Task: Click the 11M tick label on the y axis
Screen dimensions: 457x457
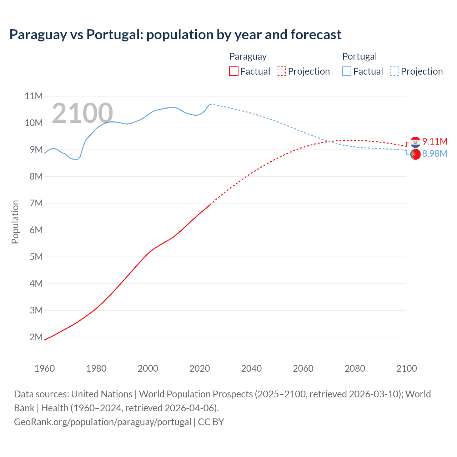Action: (x=34, y=96)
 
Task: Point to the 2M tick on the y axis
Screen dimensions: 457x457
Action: (x=36, y=337)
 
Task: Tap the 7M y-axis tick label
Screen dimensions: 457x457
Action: (x=36, y=203)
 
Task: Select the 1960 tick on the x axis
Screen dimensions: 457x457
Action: (x=45, y=368)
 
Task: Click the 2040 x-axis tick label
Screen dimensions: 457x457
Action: (x=251, y=368)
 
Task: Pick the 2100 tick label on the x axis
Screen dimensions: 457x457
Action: (x=406, y=368)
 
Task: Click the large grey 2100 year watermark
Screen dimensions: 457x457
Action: (x=82, y=114)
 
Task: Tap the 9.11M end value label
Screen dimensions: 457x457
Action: (x=435, y=141)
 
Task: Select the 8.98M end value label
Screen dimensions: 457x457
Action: (x=435, y=154)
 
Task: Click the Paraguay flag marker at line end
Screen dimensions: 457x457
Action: (x=415, y=142)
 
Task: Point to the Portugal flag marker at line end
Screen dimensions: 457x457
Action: (x=415, y=154)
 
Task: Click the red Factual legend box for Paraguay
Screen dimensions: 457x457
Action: (x=234, y=71)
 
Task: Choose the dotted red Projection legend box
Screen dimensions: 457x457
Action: (x=281, y=71)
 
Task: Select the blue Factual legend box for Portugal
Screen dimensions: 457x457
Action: (x=347, y=71)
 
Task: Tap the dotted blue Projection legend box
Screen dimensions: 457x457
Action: (x=395, y=71)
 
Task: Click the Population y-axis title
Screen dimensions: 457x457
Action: (x=15, y=222)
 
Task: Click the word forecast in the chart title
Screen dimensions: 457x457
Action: (x=316, y=35)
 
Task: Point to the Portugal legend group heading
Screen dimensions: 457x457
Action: (x=360, y=56)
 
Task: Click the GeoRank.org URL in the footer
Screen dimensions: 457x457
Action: (x=102, y=422)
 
